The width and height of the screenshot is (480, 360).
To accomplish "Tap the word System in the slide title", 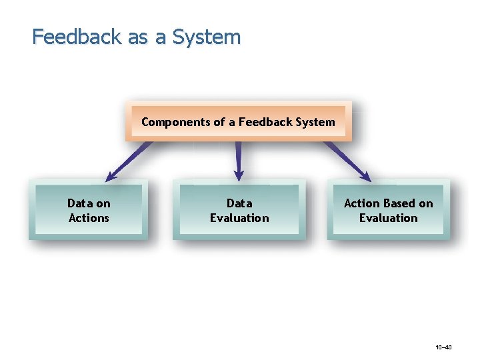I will [x=206, y=37].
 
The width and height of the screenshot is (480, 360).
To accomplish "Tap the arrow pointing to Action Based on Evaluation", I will [x=347, y=161].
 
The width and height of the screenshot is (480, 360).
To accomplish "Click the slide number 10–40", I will [x=443, y=347].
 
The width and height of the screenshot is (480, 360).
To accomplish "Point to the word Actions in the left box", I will [x=89, y=218].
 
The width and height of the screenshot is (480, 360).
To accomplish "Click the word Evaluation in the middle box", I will [x=239, y=218].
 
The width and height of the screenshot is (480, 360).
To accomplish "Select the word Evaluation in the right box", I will [x=388, y=218].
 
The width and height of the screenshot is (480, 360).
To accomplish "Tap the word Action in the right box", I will [x=361, y=203].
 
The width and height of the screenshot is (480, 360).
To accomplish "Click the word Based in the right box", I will [x=399, y=203].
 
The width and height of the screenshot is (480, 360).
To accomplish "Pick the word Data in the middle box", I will [x=239, y=203].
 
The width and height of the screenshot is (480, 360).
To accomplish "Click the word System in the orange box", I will [x=316, y=122].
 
